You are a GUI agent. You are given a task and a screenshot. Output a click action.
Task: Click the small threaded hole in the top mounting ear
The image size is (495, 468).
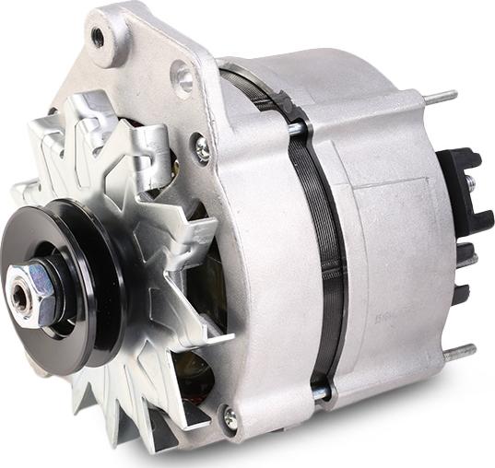point(97,37)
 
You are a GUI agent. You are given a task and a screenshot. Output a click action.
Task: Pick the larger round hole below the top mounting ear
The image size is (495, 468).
point(185,79)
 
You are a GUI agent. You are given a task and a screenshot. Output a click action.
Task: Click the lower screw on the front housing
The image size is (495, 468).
point(230,419)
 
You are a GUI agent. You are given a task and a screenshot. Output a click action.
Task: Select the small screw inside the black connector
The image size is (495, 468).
point(470,183)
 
